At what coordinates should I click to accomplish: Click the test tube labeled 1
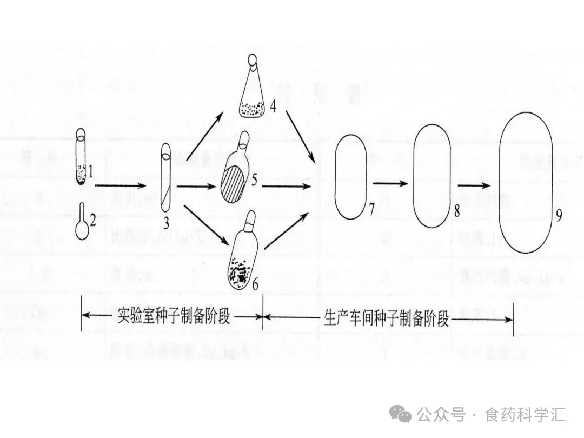[x=81, y=157]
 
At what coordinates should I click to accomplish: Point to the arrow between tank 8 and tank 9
[x=476, y=184]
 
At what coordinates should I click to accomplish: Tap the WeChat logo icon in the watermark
[x=404, y=414]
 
